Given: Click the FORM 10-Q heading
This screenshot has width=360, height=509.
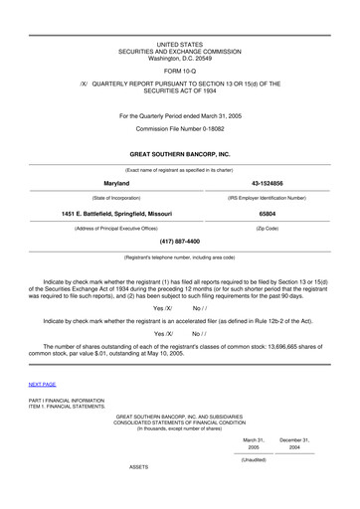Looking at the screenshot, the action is pos(179,71).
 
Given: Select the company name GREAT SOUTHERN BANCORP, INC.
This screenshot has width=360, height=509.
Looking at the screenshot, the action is pos(180,156).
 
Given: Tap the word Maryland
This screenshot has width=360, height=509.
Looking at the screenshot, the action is pos(94,184).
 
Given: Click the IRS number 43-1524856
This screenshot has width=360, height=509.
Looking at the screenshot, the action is pos(267,184).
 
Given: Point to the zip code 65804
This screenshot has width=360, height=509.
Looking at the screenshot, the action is pos(267,213).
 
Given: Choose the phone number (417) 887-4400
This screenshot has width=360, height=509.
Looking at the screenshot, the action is pos(180,242).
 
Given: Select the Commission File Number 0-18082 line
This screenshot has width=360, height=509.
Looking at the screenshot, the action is pos(179,129).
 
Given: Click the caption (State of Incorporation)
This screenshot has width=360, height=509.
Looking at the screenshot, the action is pos(94,198).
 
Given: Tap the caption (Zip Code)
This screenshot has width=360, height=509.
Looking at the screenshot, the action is pos(267,228).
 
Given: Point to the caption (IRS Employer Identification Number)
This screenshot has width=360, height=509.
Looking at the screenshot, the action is pos(267,198).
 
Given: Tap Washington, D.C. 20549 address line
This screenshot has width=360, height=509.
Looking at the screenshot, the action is pos(179,58).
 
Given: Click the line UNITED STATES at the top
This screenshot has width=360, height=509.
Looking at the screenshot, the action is pos(179,45).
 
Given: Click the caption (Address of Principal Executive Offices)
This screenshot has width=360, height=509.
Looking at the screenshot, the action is pos(94,228).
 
